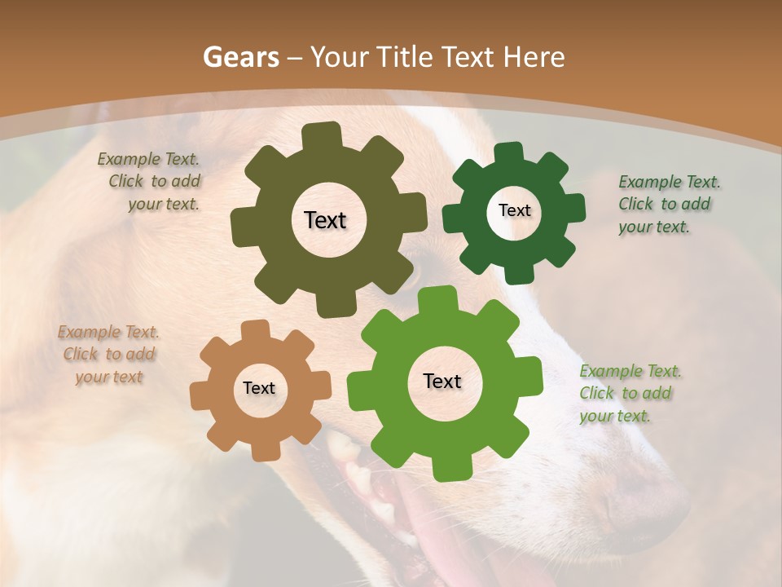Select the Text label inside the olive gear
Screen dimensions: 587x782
click(x=325, y=220)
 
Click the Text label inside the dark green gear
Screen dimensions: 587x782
click(x=514, y=210)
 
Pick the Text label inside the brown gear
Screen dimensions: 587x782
click(x=259, y=389)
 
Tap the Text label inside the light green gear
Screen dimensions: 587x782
click(x=442, y=382)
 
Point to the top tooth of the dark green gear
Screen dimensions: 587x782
click(x=507, y=153)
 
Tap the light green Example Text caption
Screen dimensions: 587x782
click(x=626, y=394)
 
